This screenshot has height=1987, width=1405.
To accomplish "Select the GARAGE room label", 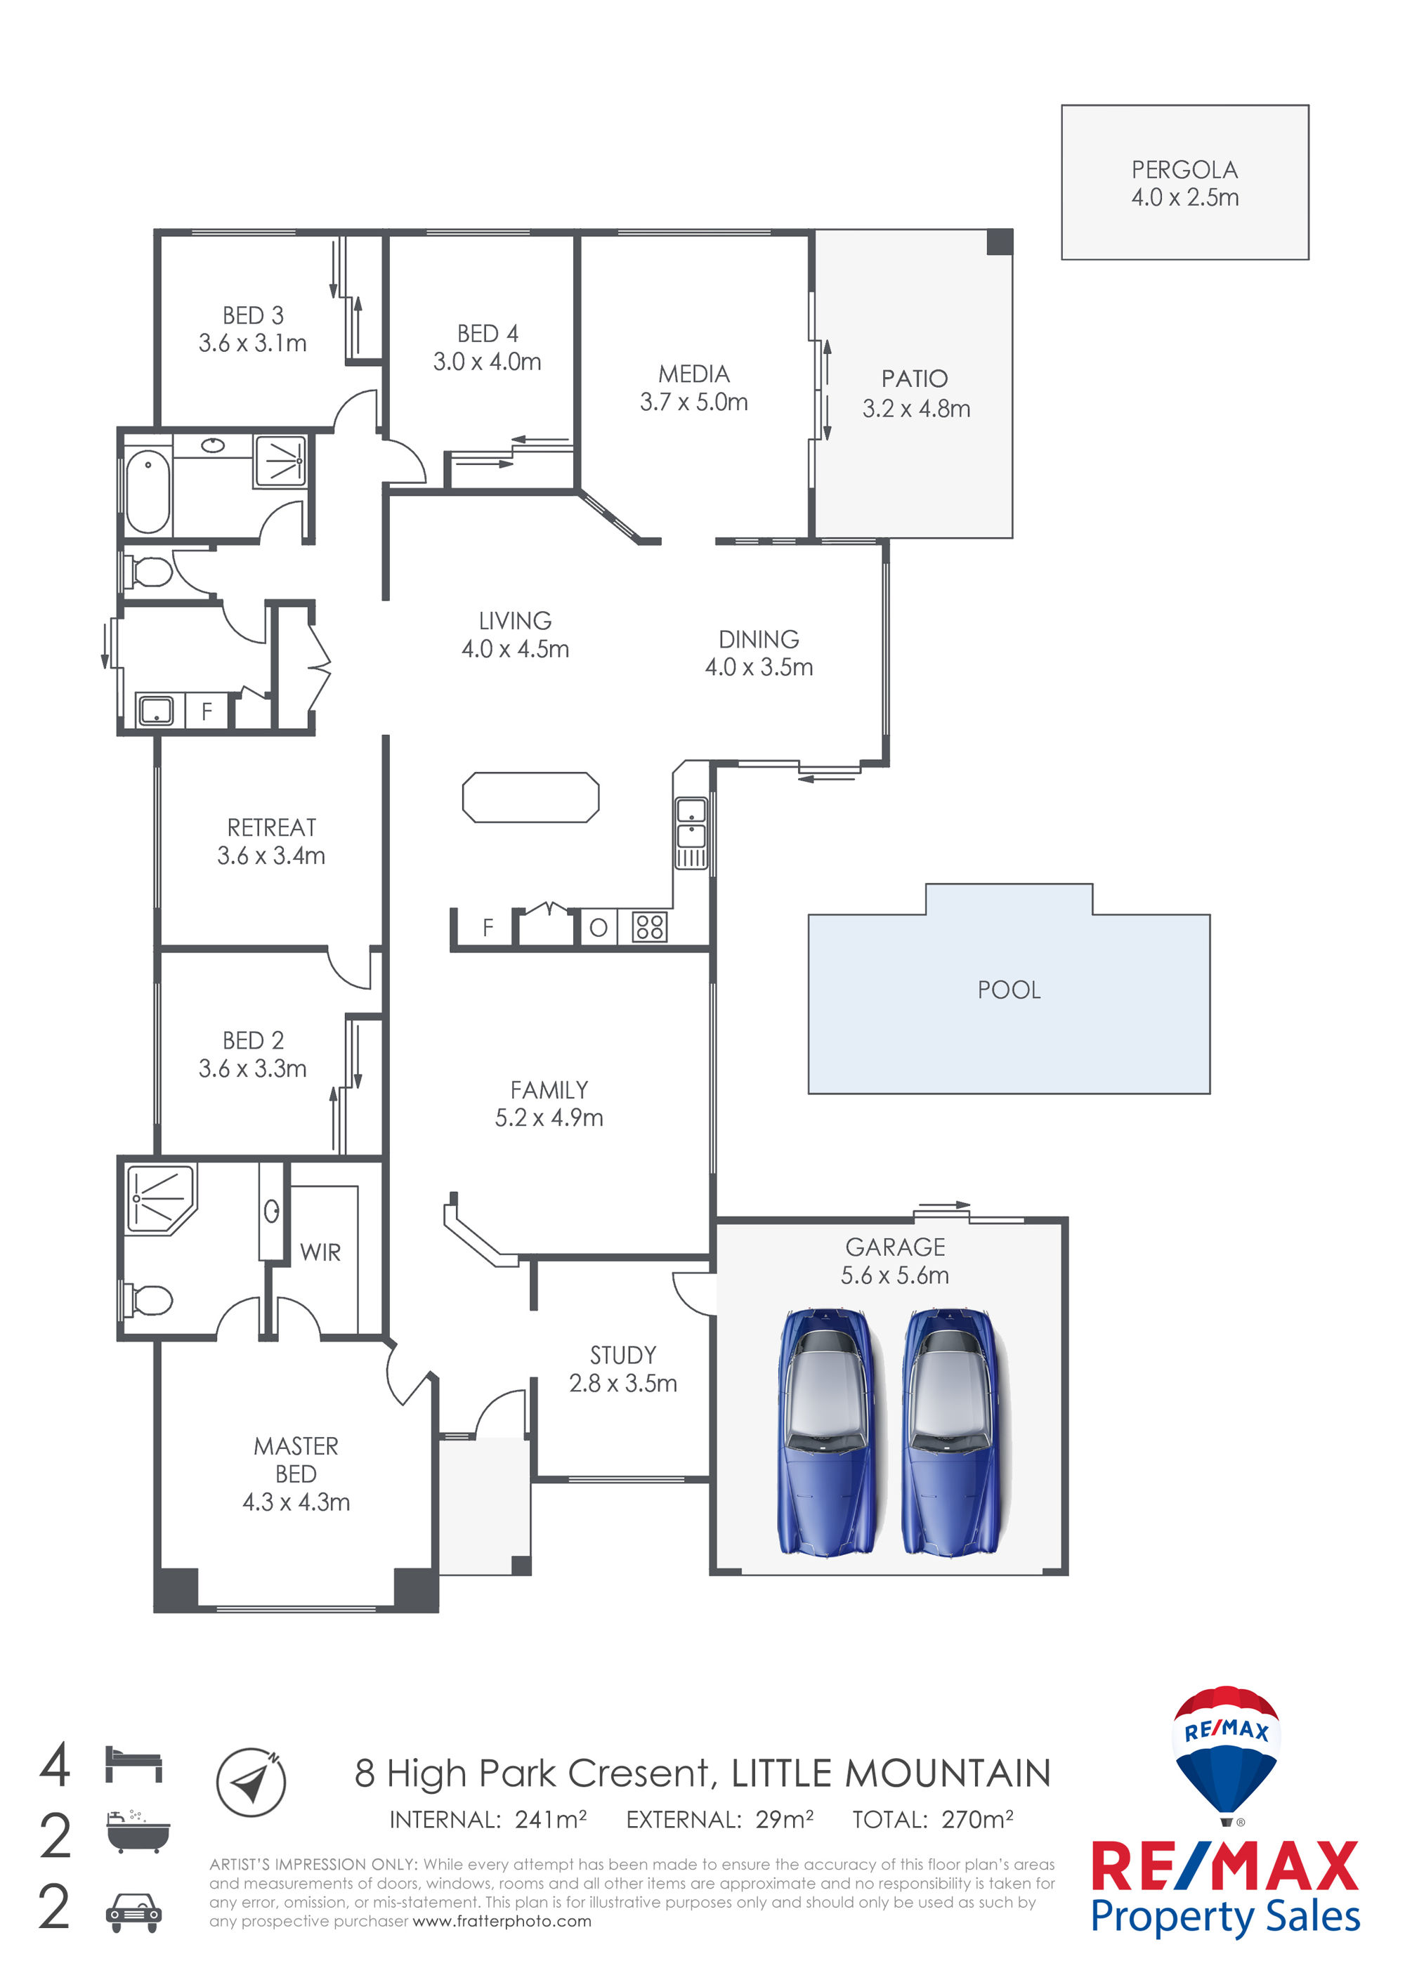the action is [x=895, y=1247].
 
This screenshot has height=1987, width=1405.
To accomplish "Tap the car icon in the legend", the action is [x=133, y=1913].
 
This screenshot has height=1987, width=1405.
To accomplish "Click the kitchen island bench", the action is [x=530, y=796].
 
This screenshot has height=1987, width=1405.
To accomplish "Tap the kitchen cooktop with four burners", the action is [x=649, y=927].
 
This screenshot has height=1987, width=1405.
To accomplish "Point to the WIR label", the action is [x=320, y=1252].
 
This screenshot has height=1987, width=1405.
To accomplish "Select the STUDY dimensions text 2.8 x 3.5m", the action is [x=622, y=1383].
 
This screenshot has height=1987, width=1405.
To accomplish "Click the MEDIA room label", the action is [x=693, y=374].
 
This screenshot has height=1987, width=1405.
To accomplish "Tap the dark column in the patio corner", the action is [x=1000, y=242].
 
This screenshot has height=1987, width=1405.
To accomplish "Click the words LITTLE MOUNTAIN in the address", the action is [x=891, y=1773].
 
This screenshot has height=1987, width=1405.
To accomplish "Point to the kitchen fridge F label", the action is [x=488, y=928].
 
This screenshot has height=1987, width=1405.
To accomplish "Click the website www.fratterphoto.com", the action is [x=502, y=1921].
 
